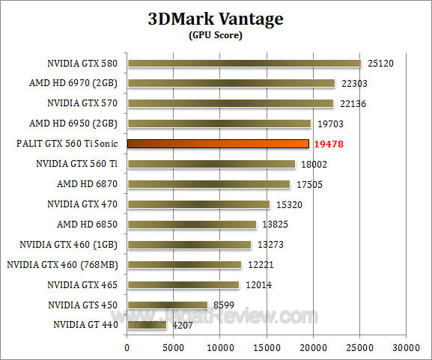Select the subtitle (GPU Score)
tap(216, 35)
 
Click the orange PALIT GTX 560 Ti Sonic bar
tap(218, 143)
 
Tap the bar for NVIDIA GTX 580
tap(244, 63)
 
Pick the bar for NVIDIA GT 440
tap(147, 325)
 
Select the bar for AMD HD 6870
tap(208, 183)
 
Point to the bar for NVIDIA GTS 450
tap(167, 305)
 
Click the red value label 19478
tap(328, 144)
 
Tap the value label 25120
tap(380, 64)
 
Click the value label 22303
tap(353, 84)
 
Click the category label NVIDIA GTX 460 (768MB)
tap(64, 264)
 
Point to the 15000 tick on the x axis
tap(267, 347)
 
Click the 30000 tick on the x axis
tap(406, 347)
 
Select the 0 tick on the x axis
tap(127, 347)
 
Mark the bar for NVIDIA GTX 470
tap(198, 204)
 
